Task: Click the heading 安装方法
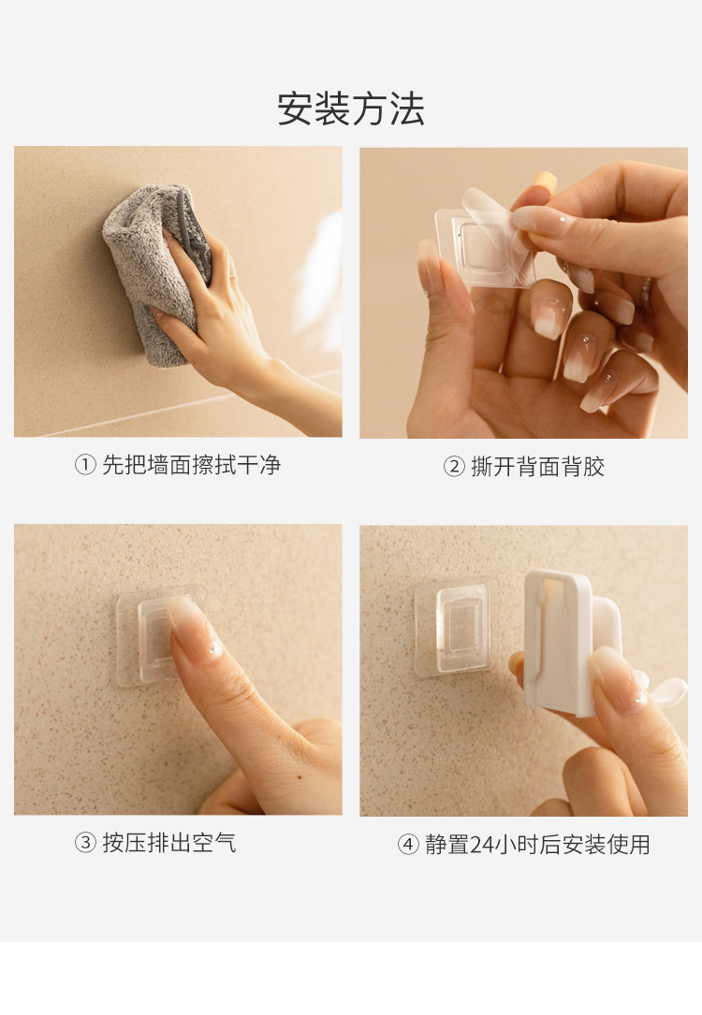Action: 351,109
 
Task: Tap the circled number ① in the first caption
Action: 85,465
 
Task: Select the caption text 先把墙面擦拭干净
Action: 191,465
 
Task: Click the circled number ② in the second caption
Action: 454,467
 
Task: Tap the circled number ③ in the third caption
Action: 85,843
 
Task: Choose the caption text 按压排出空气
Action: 169,843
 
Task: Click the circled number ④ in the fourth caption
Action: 408,845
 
